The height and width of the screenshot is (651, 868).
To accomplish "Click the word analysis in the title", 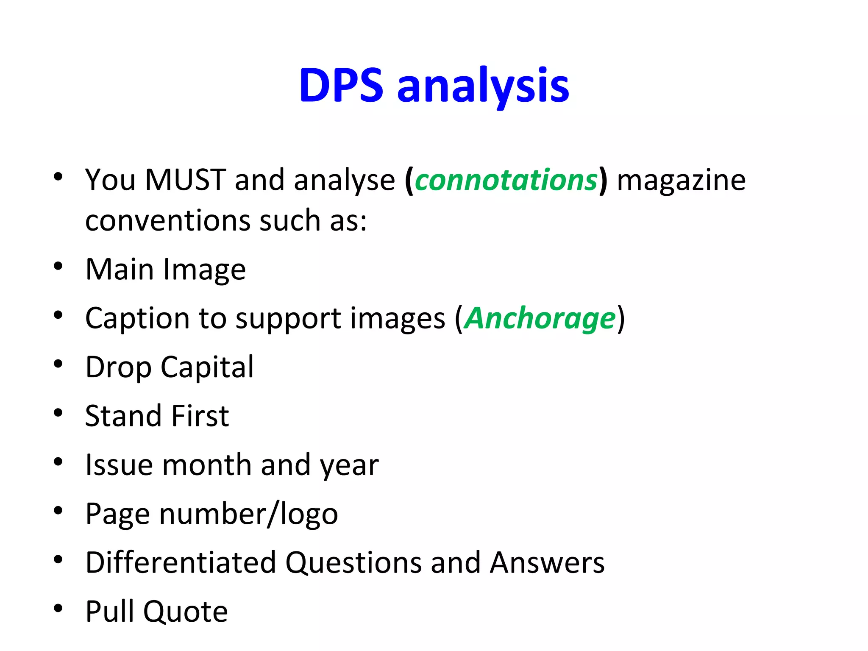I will (483, 87).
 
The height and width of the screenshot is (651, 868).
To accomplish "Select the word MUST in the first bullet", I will (185, 180).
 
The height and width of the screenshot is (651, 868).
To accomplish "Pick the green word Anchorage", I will (540, 318).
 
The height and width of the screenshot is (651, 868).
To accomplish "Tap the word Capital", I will (207, 367).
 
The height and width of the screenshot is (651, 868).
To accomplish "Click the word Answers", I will (547, 563).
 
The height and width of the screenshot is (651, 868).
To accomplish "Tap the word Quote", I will (185, 612).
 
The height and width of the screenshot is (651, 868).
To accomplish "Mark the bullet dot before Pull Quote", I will (58, 609).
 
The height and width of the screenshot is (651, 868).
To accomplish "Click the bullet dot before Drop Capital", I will (58, 364).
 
